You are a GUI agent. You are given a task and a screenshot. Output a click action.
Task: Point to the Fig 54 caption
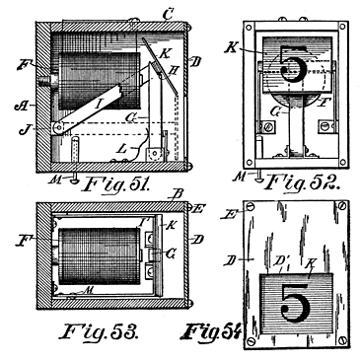210,326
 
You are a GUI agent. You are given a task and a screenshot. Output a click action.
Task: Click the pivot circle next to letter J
57,128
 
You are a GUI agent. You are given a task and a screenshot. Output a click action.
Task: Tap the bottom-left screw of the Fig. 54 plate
252,342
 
